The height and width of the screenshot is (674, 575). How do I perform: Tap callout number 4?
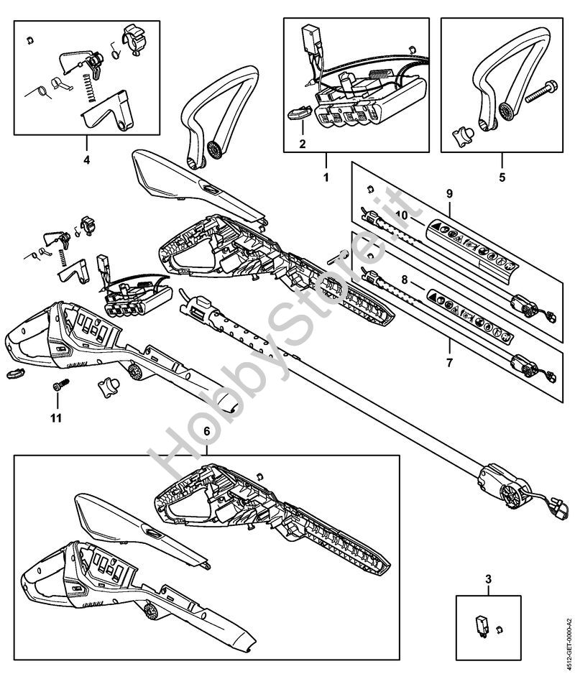click(86, 160)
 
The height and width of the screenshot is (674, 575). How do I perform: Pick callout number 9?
click(449, 193)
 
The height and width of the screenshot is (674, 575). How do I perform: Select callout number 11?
click(56, 417)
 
